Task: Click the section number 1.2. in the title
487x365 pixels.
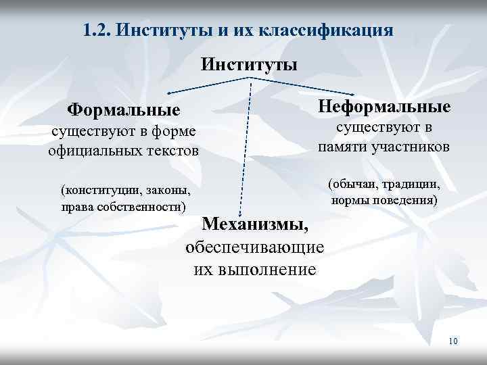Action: point(99,30)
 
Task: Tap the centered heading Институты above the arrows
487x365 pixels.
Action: point(250,65)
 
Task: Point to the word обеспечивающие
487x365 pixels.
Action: point(254,247)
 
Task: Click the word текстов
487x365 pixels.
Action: point(174,149)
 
